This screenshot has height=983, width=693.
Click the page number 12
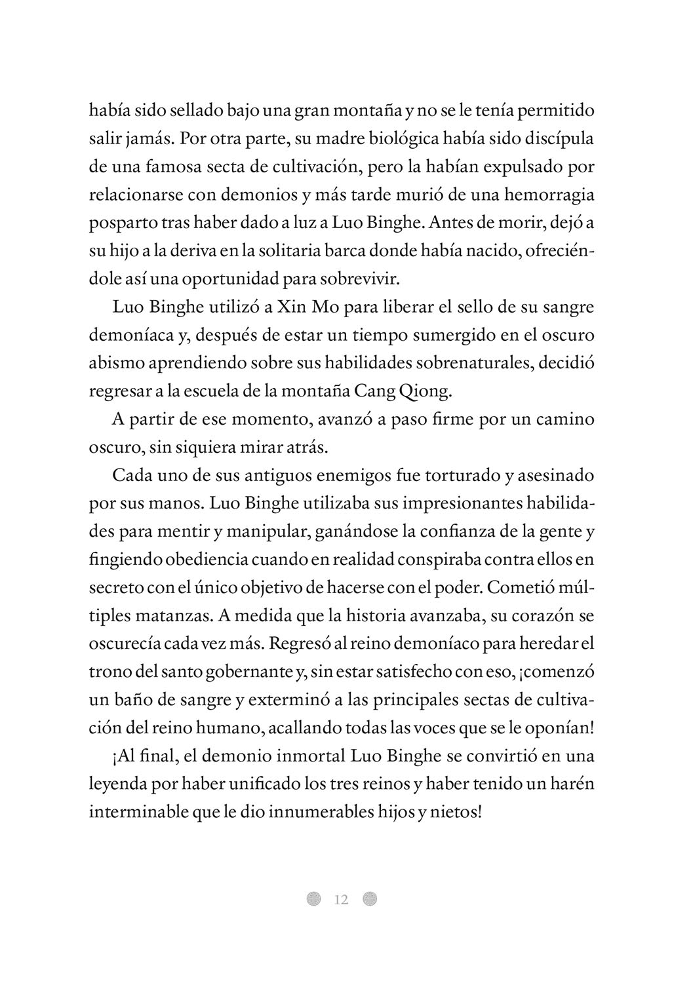tap(341, 899)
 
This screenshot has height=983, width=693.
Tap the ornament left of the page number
tap(314, 899)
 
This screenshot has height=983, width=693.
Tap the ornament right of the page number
tap(370, 899)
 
